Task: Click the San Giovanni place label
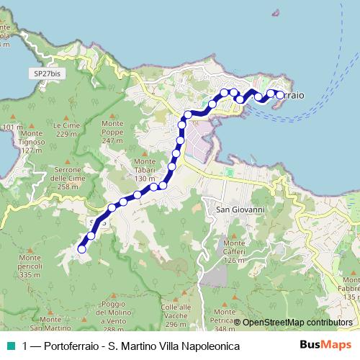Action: point(240,209)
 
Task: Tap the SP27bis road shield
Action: point(48,73)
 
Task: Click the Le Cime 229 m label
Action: point(65,129)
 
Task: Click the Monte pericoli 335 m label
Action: point(30,266)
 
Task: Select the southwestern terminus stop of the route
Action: point(81,249)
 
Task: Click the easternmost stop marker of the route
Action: point(280,94)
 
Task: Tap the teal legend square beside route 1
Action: point(10,346)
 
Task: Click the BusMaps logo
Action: point(325,345)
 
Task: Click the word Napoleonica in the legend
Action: point(208,346)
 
